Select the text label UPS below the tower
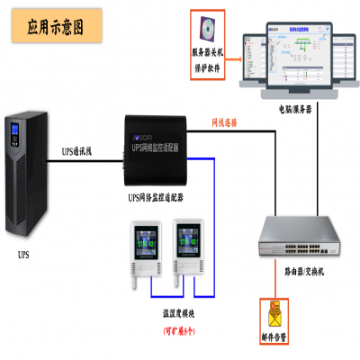pos(23,255)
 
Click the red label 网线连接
pos(224,121)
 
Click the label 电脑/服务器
pos(292,107)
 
